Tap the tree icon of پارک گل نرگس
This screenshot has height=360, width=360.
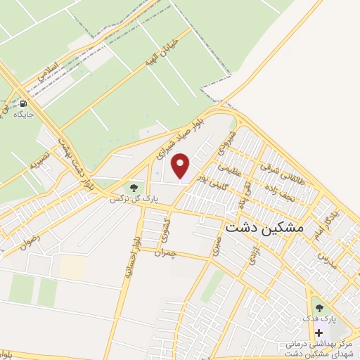(133, 187)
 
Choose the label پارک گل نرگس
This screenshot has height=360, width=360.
(133, 199)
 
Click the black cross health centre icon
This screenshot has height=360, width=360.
(319, 333)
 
